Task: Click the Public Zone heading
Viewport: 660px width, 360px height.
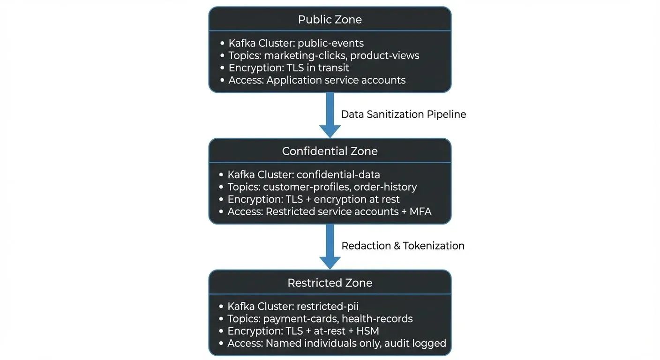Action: click(330, 20)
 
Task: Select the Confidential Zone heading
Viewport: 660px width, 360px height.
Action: click(330, 151)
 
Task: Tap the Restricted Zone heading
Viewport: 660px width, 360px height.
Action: click(330, 283)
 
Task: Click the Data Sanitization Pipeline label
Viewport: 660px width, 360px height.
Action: click(403, 114)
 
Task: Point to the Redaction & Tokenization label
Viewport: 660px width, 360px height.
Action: click(403, 246)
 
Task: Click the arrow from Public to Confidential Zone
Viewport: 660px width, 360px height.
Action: click(330, 115)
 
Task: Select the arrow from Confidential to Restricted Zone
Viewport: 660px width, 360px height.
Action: click(330, 246)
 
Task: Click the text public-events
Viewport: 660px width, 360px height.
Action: click(330, 43)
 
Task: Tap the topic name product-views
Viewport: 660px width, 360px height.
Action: click(384, 55)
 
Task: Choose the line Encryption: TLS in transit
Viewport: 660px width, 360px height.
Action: click(289, 67)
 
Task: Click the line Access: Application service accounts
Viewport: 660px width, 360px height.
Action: click(317, 80)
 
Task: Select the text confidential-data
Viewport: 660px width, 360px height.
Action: click(338, 175)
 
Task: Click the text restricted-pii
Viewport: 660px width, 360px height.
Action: click(328, 307)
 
